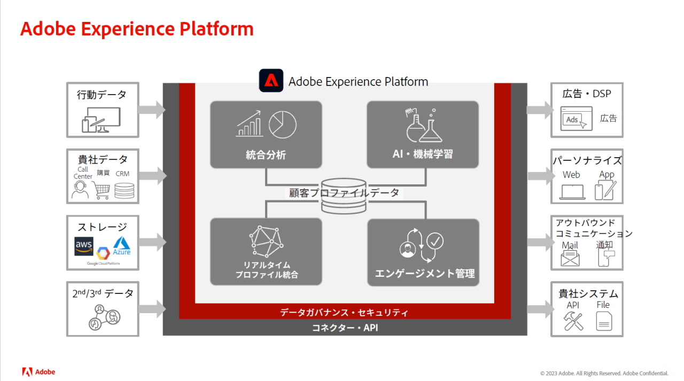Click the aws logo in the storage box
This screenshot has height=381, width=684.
point(84,246)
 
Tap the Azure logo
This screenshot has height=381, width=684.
point(121,246)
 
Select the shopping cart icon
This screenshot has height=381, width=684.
point(101,190)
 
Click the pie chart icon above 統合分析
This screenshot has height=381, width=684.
point(283,125)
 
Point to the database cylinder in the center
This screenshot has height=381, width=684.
point(344,196)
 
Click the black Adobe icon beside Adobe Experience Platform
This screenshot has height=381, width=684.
point(271,81)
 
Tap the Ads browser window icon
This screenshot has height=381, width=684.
point(576,119)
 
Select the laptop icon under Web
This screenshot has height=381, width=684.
point(572,192)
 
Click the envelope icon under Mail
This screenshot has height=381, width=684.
point(570,258)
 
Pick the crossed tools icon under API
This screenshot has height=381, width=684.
point(573,321)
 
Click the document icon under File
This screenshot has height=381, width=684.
point(604,321)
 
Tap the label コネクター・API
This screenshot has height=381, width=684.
point(345,328)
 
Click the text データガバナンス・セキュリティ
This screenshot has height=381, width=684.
point(344,312)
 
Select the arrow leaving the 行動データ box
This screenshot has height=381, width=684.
point(152,110)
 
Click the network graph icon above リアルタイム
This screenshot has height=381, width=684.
point(266,242)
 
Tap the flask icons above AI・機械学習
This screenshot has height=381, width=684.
point(424,125)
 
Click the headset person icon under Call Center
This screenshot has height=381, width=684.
point(80,190)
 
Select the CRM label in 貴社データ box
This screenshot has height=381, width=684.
point(122,174)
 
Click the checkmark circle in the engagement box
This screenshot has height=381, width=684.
point(435,241)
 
